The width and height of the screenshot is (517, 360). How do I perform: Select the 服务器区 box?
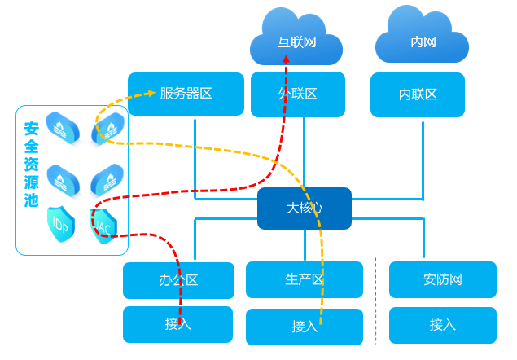coord(186,94)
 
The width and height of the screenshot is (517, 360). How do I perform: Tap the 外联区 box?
coord(296,94)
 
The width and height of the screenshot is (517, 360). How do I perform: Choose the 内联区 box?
coord(418,94)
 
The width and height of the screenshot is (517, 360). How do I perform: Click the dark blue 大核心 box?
coord(305,208)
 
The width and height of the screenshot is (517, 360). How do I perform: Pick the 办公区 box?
coord(177,280)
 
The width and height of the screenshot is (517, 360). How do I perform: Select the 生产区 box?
coord(305,280)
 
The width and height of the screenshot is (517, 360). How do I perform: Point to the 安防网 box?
coord(442,279)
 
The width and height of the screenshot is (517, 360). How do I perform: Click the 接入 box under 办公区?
coord(177,324)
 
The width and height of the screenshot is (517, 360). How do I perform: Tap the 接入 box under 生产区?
coord(305,327)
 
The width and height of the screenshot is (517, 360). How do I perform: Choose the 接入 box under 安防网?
coord(442,324)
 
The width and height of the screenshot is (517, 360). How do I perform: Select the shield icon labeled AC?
coord(105,226)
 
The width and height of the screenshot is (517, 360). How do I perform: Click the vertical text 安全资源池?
coord(31,165)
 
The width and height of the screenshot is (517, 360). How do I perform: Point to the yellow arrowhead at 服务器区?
coord(151,94)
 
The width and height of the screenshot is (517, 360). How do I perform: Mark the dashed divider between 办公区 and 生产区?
coord(239,301)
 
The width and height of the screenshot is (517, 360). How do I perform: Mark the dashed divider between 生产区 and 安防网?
coord(375,301)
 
